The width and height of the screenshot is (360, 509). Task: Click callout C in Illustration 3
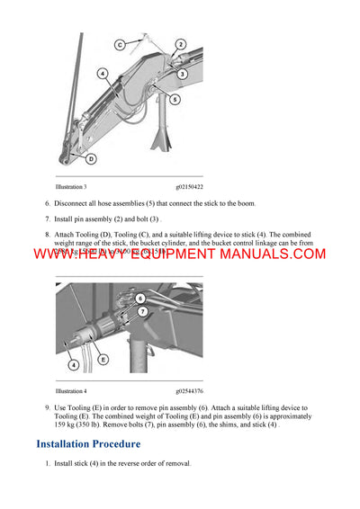pos(120,43)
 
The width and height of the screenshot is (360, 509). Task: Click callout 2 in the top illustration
pos(180,43)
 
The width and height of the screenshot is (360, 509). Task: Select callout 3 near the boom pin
pos(182,74)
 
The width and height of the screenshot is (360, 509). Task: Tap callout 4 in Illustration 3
pos(103,74)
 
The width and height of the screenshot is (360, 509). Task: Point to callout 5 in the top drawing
pos(175,99)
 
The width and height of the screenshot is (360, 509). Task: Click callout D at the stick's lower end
pos(91,159)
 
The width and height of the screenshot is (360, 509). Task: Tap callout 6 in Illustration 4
pos(139,296)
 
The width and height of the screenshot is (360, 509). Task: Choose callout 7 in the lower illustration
pos(142,310)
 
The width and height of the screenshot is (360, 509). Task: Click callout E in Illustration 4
pos(103,359)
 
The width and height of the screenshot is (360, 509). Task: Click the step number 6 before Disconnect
pos(47,203)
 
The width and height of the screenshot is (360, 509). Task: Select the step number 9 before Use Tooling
pos(47,408)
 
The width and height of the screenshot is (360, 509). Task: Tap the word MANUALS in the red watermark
pos(269,254)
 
